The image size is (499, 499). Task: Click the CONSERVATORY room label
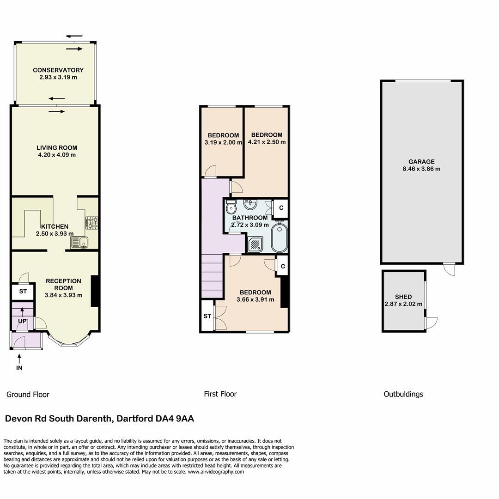[x=58, y=70]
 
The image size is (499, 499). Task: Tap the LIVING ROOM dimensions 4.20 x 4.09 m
[x=57, y=155]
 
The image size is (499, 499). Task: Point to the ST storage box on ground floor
[x=23, y=292]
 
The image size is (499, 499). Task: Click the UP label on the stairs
[x=22, y=321]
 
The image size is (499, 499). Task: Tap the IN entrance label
[x=19, y=368]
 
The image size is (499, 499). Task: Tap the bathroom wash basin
[x=250, y=204]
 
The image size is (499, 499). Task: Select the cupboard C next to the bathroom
[x=281, y=208]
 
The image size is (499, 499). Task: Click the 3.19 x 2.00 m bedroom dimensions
[x=223, y=142]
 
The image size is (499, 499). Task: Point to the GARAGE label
[x=421, y=162]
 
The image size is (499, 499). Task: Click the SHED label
[x=403, y=297]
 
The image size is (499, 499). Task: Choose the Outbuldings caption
[x=403, y=394]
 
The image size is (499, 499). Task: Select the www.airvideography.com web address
[x=216, y=472]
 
